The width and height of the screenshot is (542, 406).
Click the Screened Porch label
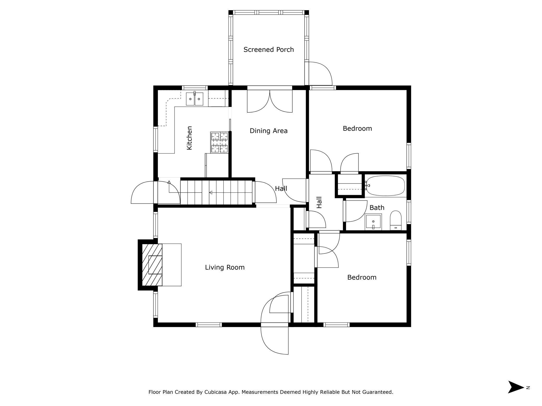point(268,50)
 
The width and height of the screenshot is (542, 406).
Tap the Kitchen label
point(189,138)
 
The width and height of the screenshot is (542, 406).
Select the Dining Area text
point(268,131)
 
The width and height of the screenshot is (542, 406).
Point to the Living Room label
point(225,267)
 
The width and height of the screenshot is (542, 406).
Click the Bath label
point(377,207)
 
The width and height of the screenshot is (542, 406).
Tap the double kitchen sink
point(195,99)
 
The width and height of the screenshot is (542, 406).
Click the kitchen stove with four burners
point(219,142)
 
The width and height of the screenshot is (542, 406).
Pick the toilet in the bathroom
point(396,220)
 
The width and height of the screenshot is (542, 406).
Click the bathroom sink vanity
point(373,222)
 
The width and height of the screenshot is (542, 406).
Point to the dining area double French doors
point(270,101)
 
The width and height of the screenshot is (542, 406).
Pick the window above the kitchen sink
point(195,88)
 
